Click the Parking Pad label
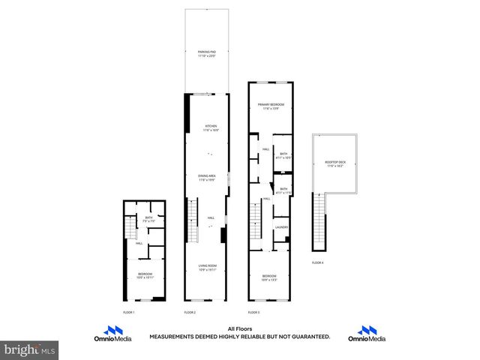[x=207, y=52]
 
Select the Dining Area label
[x=207, y=178]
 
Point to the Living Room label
[x=207, y=267]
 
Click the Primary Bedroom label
[x=271, y=106]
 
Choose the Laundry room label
[x=282, y=227]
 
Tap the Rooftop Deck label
[x=335, y=163]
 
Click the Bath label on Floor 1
[x=148, y=219]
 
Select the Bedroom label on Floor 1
[x=145, y=275]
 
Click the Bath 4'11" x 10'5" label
[x=283, y=155]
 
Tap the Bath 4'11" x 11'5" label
[x=283, y=190]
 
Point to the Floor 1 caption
[x=128, y=311]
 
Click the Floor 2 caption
[x=190, y=311]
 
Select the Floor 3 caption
[x=253, y=311]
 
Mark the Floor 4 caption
[x=319, y=262]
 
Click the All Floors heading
[x=239, y=328]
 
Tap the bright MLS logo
[x=30, y=349]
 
